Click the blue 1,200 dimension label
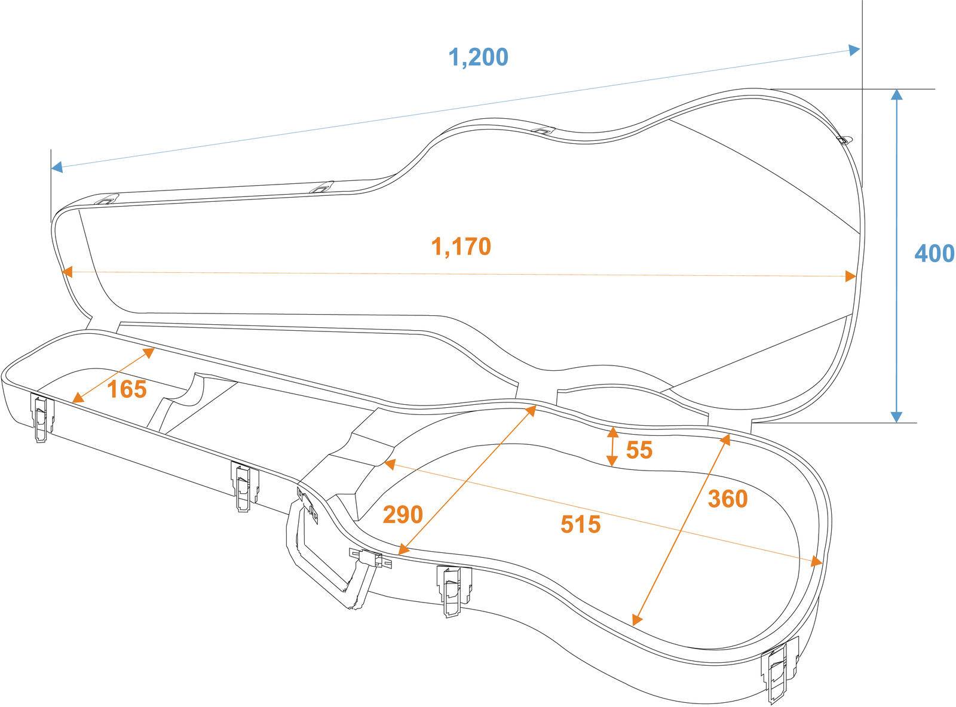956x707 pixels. point(479,57)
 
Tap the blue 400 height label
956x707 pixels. point(934,253)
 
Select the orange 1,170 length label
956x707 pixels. point(461,247)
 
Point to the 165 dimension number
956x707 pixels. point(127,389)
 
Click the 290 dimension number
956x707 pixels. point(403,514)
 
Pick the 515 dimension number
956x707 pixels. point(580,524)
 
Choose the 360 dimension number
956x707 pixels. point(728,499)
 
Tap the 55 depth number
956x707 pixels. point(639,450)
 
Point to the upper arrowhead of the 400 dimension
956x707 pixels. point(896,95)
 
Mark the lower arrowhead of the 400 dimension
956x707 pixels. point(896,417)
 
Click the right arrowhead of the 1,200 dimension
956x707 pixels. point(854,50)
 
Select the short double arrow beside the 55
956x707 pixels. point(612,447)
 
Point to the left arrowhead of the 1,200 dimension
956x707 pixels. point(57,167)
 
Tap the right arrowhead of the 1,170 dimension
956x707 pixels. point(850,276)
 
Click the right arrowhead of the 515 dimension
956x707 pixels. point(816,561)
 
